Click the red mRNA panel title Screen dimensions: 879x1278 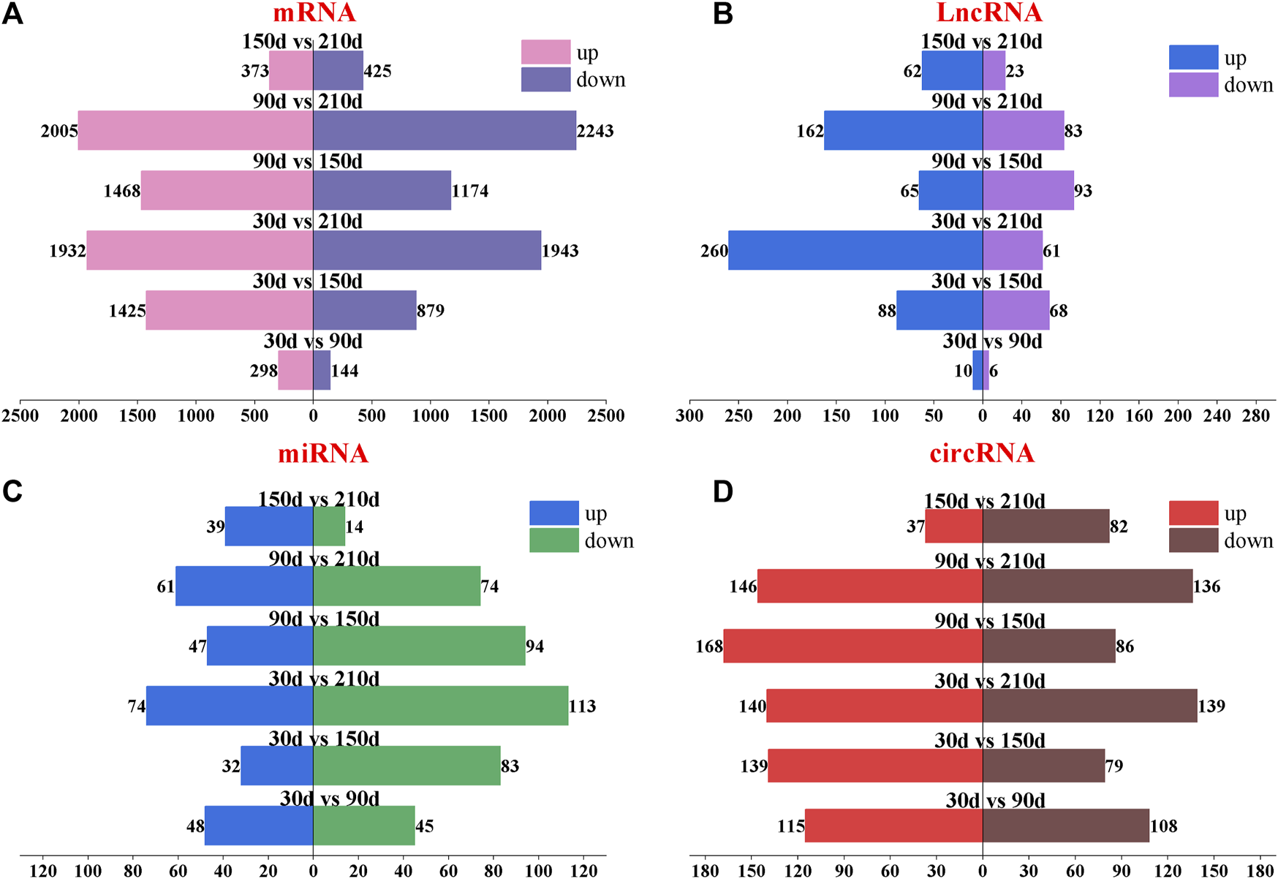314,12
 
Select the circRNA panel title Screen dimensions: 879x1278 982,453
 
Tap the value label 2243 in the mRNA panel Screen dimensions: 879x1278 595,132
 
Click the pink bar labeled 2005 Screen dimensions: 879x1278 195,131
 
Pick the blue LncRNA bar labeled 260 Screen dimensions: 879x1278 855,251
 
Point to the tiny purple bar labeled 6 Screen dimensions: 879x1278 986,371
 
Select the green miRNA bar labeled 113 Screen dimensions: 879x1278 440,706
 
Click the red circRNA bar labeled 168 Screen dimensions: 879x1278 852,646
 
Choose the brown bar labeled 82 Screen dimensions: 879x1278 1046,527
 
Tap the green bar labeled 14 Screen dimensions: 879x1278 329,527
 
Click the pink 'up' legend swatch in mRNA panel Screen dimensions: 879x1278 545,53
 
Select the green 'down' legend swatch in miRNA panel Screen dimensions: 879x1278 553,540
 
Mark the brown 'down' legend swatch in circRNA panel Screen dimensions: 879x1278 1193,540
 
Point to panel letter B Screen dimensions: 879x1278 722,14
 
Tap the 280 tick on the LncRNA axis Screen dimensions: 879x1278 1256,416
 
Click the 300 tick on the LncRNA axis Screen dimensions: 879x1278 689,416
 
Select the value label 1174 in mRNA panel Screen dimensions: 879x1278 470,192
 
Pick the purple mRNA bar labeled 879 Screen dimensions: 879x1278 364,311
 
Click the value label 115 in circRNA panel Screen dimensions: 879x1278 790,826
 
